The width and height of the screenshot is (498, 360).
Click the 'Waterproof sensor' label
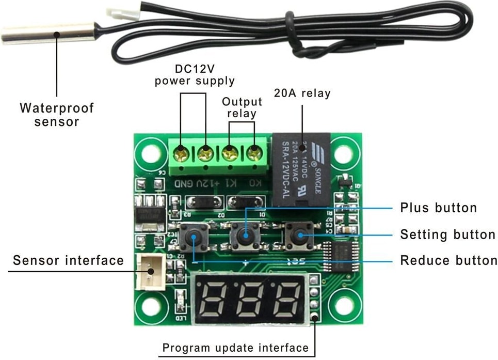tap(57, 115)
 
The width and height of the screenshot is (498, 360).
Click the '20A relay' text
tap(301, 93)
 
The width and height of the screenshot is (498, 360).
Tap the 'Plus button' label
tap(438, 208)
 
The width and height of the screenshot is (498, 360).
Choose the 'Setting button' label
tap(447, 234)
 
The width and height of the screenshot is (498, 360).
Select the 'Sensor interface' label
tap(69, 260)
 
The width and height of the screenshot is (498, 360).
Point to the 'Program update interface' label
tap(235, 348)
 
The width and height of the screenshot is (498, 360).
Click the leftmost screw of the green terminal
tap(181, 153)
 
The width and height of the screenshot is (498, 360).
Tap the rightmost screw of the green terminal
tap(253, 152)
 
